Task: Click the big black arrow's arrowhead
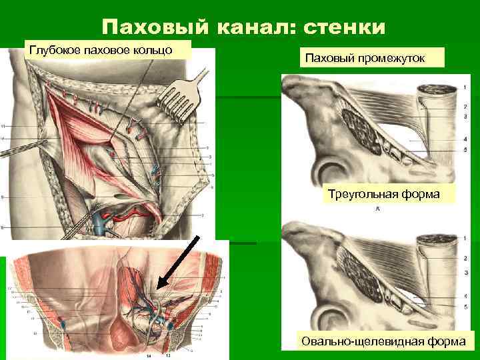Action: pos(162,287)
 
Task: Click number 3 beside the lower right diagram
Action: pos(464,273)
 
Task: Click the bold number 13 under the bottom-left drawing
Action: pos(168,356)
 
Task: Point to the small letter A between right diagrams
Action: pos(378,209)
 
